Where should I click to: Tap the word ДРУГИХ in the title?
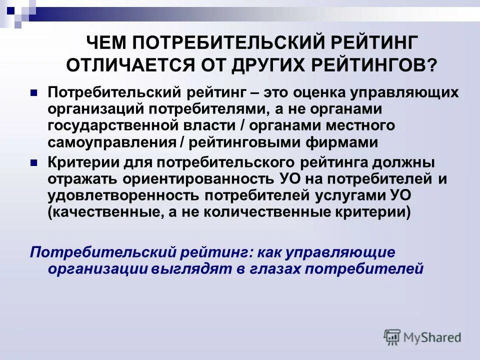[272, 65]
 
